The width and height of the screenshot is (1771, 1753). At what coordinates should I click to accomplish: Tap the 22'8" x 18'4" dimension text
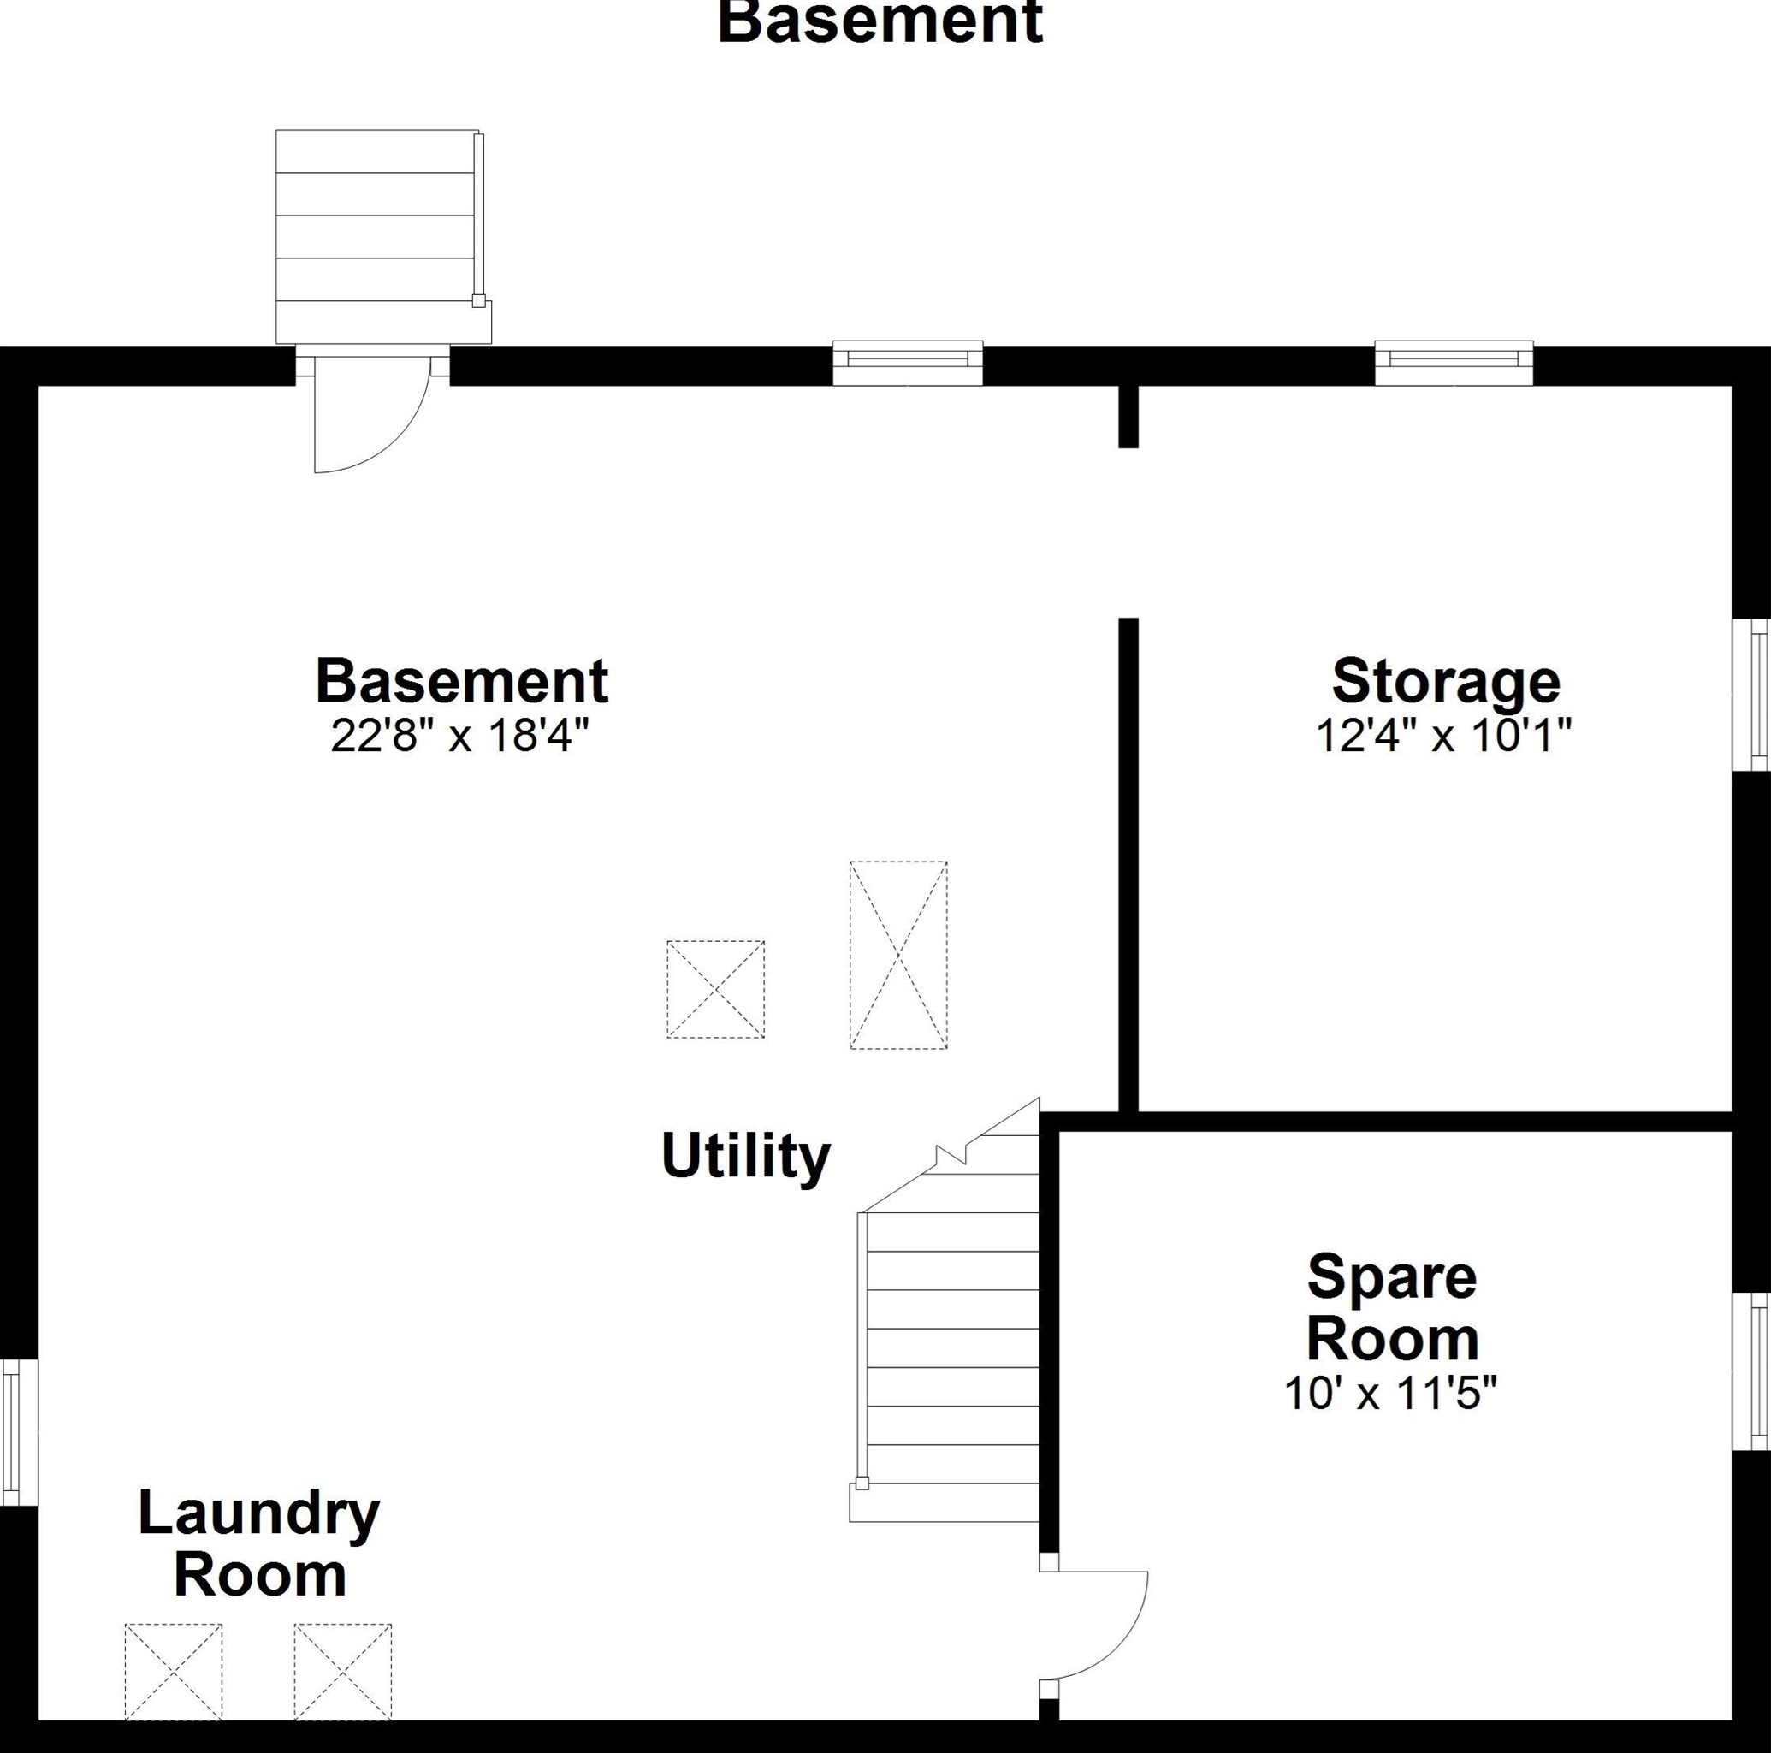(459, 734)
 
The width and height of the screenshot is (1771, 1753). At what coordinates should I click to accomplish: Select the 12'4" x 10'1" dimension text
(1444, 734)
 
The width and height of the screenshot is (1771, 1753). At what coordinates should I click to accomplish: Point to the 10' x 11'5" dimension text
(1389, 1394)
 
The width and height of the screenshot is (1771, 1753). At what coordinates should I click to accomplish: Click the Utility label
(745, 1156)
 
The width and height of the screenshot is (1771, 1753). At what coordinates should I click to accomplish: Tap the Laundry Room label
(259, 1544)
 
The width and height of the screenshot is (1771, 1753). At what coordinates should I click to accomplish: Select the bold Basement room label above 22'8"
(462, 680)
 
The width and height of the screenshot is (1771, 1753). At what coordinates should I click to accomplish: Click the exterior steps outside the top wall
(383, 236)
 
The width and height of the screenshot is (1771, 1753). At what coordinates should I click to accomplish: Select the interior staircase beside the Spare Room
(945, 1311)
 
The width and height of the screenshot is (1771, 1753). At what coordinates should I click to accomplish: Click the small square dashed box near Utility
(715, 989)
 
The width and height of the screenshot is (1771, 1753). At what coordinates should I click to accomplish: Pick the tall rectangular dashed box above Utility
(898, 955)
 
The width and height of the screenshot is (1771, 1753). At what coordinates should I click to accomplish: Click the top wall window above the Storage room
(1454, 363)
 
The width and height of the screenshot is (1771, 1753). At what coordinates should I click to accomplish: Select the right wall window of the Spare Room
(1750, 1371)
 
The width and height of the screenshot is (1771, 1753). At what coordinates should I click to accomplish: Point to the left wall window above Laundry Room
(19, 1432)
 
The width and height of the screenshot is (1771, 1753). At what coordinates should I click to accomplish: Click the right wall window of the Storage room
(1750, 695)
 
